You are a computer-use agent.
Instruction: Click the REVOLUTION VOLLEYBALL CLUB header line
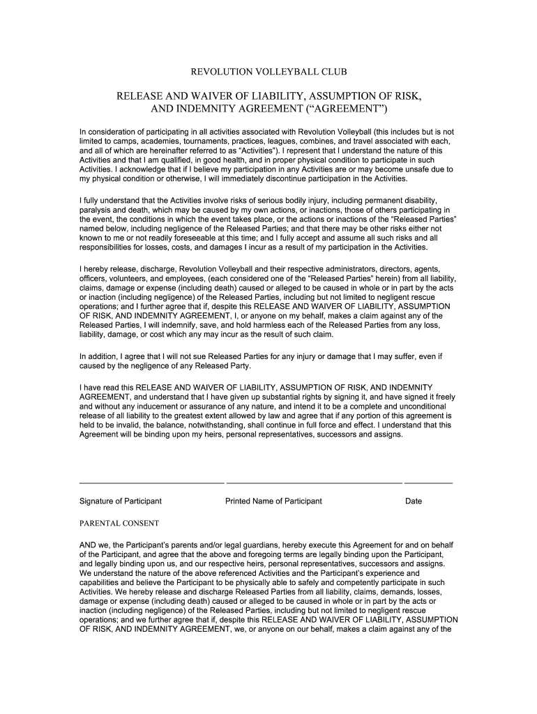coord(268,72)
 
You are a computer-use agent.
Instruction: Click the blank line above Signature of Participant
coord(152,482)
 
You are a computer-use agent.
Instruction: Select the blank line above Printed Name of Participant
coord(314,482)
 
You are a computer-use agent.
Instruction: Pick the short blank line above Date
coord(428,482)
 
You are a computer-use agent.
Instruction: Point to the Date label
coord(414,501)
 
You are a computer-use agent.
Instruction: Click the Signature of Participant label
coord(121,501)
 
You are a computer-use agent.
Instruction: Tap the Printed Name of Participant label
coord(273,501)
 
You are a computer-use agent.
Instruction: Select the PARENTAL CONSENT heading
coord(119,523)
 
